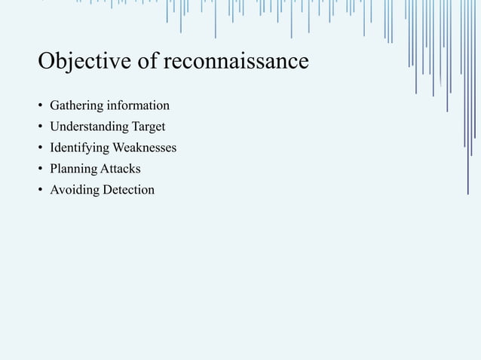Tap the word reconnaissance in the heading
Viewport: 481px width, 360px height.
(242, 61)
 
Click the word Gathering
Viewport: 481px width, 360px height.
(75, 104)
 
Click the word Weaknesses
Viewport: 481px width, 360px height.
(145, 147)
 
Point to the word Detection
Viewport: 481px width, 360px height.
(127, 190)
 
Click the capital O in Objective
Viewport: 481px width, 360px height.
(47, 60)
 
